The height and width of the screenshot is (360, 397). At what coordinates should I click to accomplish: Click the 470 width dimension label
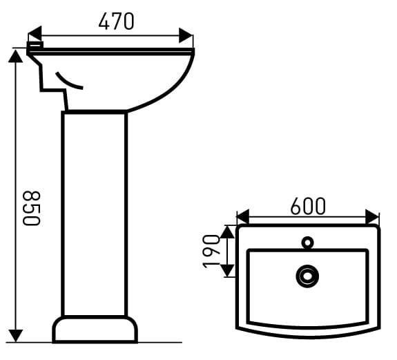tap(116, 22)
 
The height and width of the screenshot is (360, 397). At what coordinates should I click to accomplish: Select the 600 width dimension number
tap(308, 206)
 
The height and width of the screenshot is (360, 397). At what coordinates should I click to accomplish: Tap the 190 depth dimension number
tap(212, 252)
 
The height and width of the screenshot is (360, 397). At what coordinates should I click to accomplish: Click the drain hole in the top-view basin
tap(307, 276)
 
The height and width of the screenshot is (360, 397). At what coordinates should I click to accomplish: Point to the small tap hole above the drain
tap(307, 243)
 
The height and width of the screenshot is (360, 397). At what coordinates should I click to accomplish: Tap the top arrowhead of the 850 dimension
tap(16, 55)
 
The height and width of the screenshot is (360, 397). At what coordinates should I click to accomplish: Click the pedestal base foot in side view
tap(95, 330)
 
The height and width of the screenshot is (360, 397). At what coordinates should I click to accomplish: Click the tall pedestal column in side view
tap(95, 214)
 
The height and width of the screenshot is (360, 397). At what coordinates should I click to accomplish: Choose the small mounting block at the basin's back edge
tap(35, 47)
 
